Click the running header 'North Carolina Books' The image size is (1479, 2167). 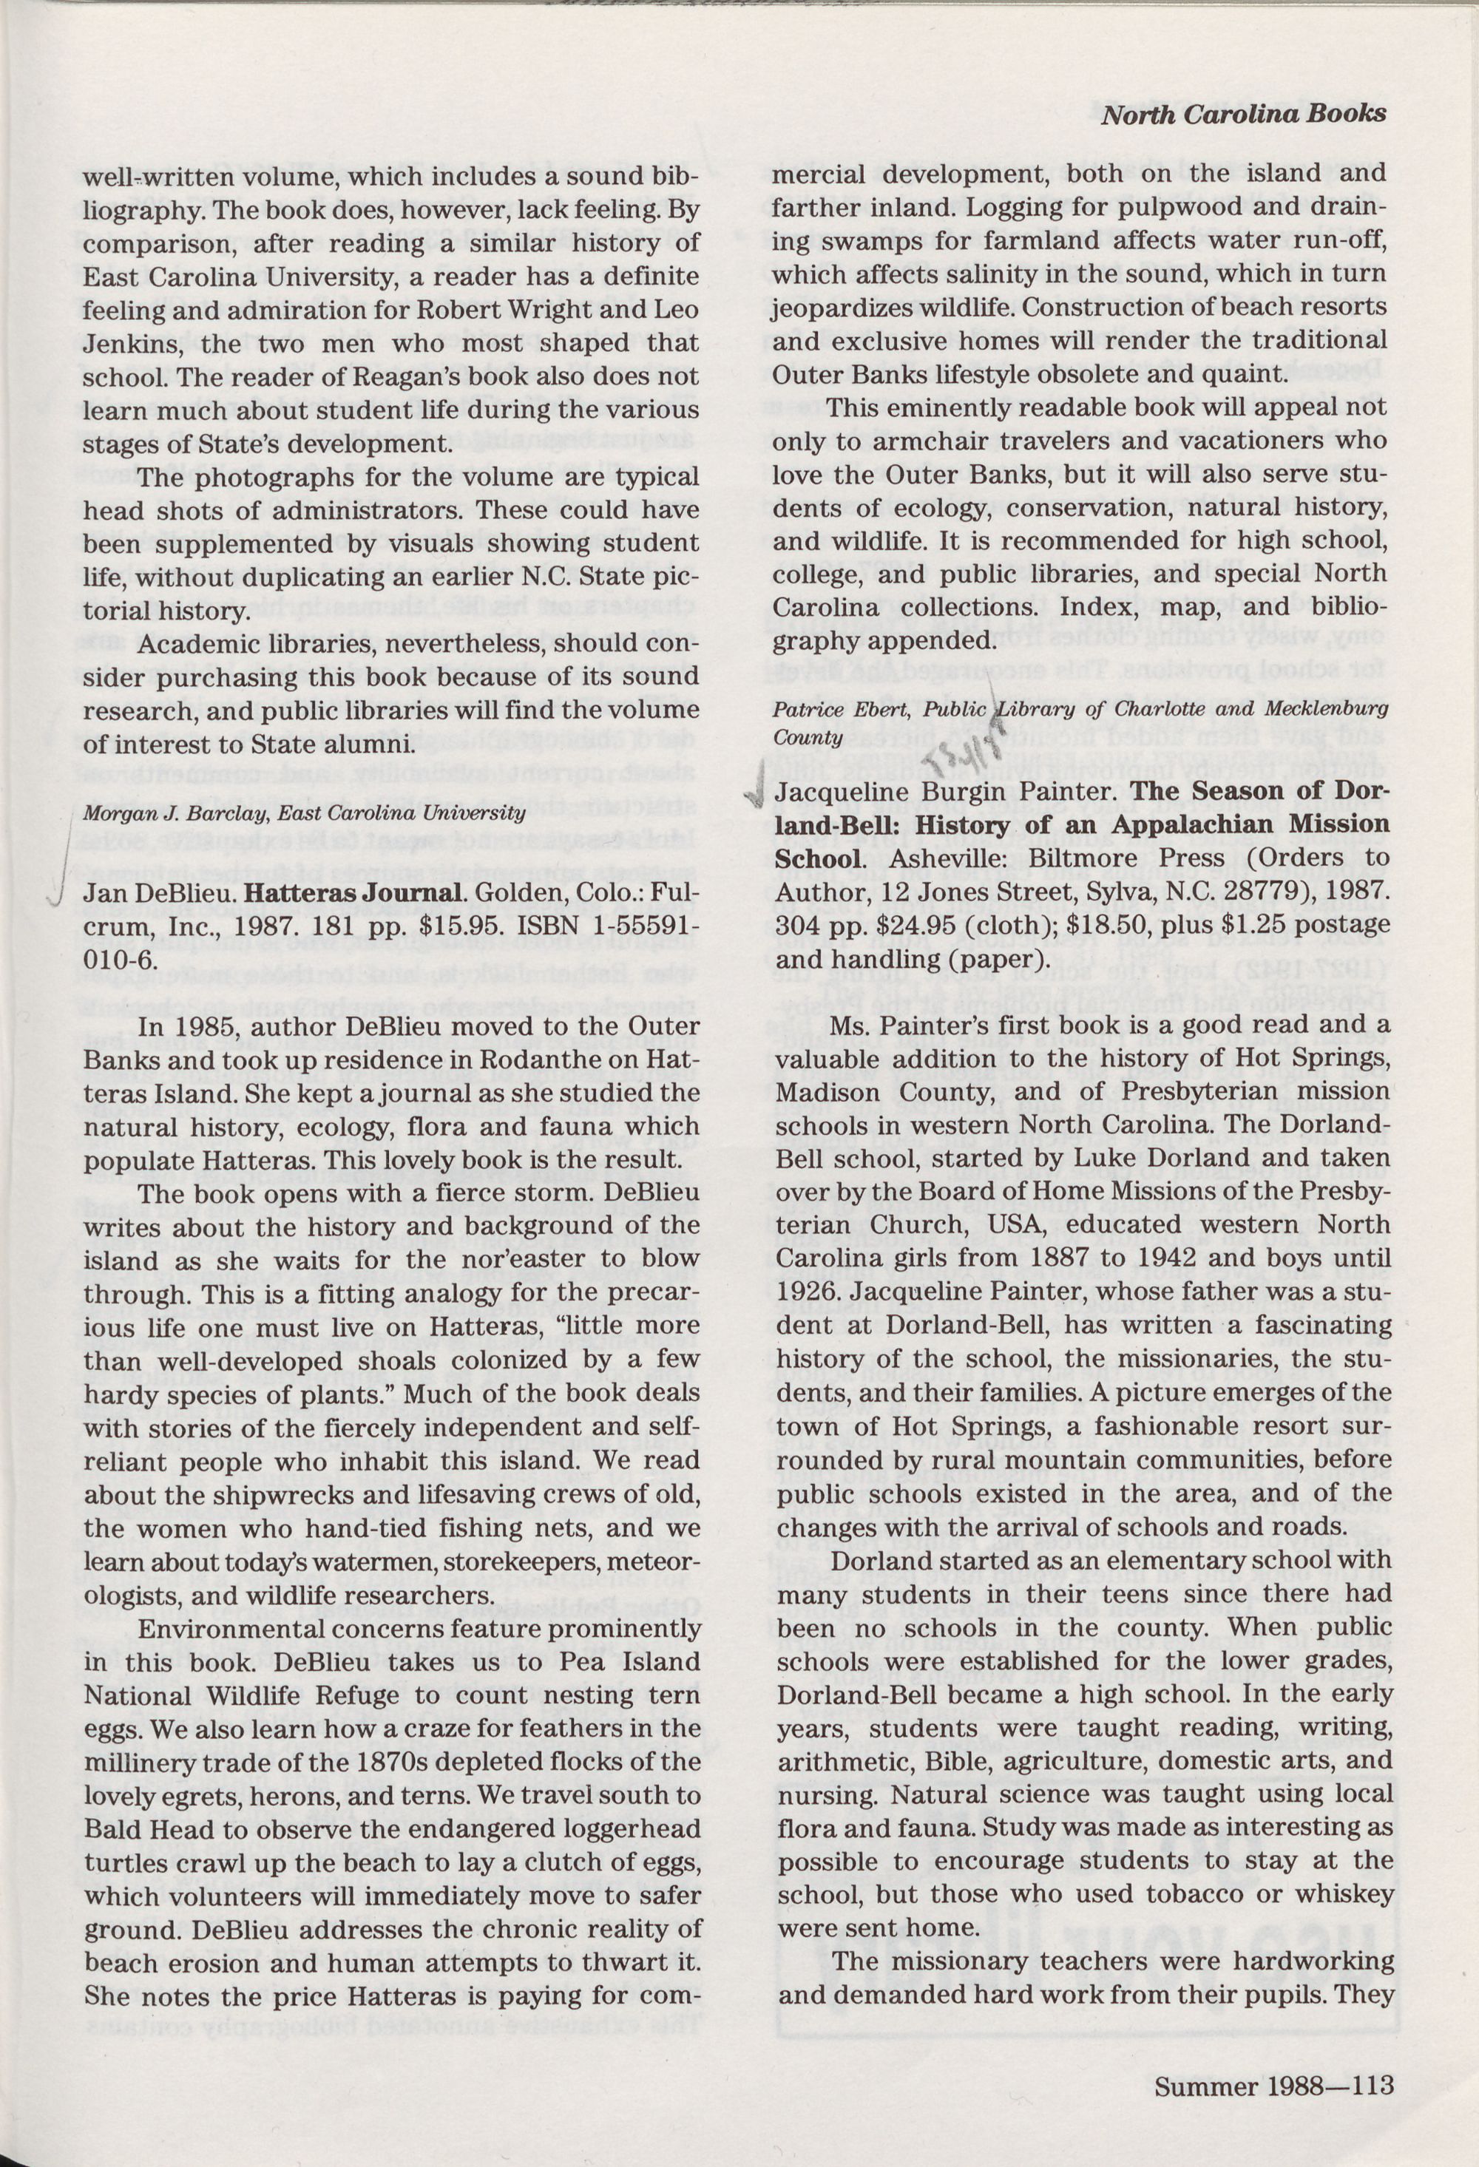click(1243, 114)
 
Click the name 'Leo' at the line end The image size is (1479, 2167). click(677, 310)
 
